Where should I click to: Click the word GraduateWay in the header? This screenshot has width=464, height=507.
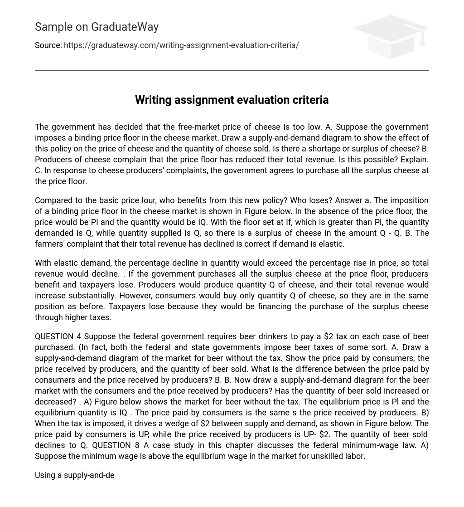[125, 27]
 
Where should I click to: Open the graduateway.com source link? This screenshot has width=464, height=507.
[181, 45]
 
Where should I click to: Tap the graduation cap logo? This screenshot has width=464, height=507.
[391, 36]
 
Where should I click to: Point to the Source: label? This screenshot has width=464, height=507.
[48, 45]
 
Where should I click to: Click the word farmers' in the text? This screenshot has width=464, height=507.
[49, 244]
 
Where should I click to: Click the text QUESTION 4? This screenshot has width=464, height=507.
[58, 336]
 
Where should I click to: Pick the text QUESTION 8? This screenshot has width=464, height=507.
[116, 445]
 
